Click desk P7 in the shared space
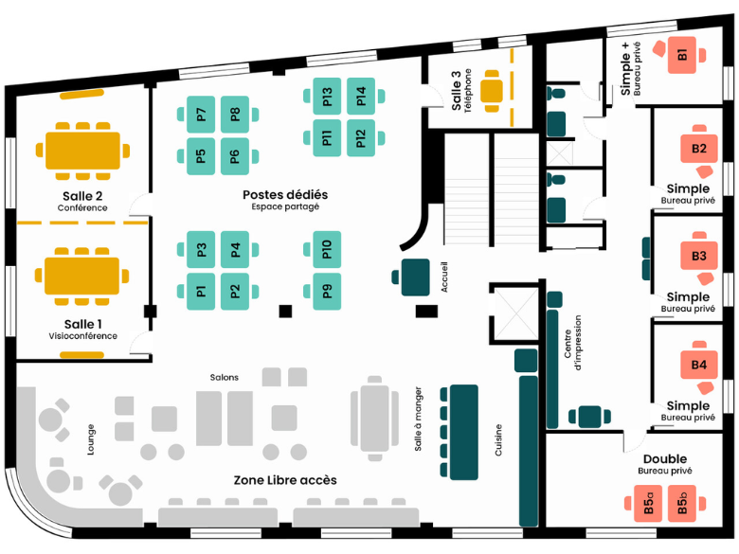(201, 115)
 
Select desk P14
(361, 96)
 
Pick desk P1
(201, 291)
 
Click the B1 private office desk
(683, 54)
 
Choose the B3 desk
(699, 257)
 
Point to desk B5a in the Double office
(650, 504)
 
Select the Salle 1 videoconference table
(81, 276)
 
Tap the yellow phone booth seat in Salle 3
(493, 90)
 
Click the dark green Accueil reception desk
(416, 277)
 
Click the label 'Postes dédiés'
(285, 194)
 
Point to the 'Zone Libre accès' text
(285, 480)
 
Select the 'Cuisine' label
(499, 438)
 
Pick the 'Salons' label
(225, 377)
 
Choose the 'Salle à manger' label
(418, 419)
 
